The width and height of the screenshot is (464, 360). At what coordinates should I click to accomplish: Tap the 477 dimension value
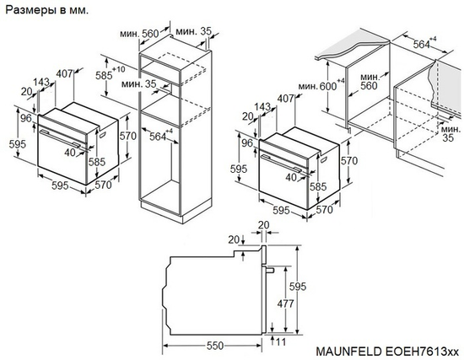click(x=289, y=303)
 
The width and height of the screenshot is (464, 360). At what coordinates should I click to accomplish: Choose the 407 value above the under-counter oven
click(x=284, y=99)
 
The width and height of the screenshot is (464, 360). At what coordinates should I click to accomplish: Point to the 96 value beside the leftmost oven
click(x=26, y=119)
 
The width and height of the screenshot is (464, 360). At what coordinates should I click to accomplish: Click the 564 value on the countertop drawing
click(x=421, y=45)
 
